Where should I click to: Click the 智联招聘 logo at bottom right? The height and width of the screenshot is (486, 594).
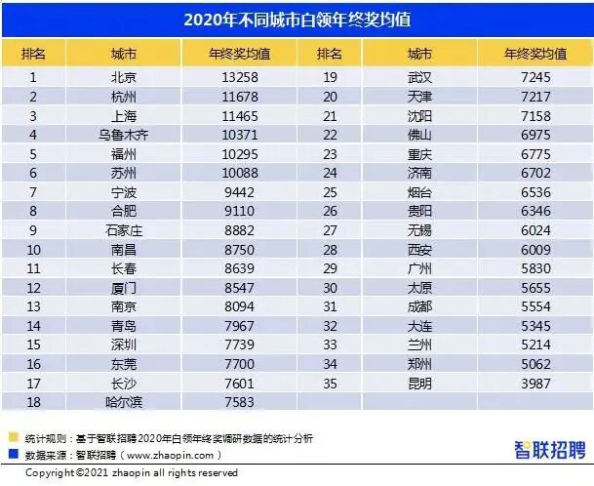(x=550, y=449)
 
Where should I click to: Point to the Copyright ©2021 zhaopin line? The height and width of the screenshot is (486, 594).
(x=131, y=473)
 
